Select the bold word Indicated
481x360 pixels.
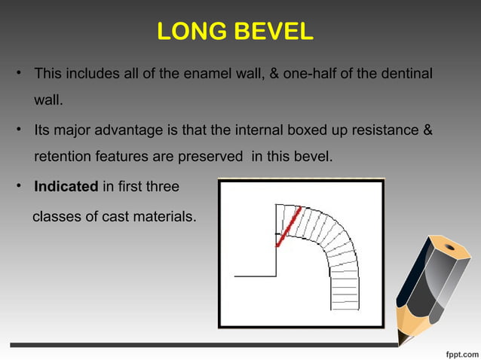coord(66,186)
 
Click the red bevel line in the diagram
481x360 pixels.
coord(288,226)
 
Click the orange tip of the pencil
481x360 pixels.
coord(408,332)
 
